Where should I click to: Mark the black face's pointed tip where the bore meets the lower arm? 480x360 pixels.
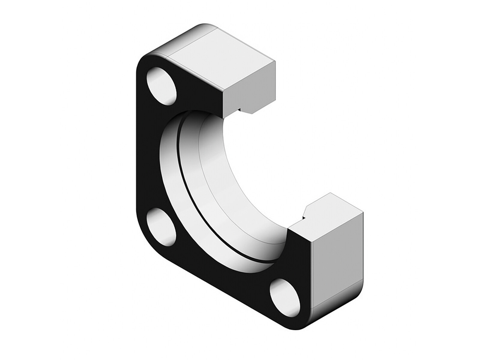pyautogui.click(x=289, y=229)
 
